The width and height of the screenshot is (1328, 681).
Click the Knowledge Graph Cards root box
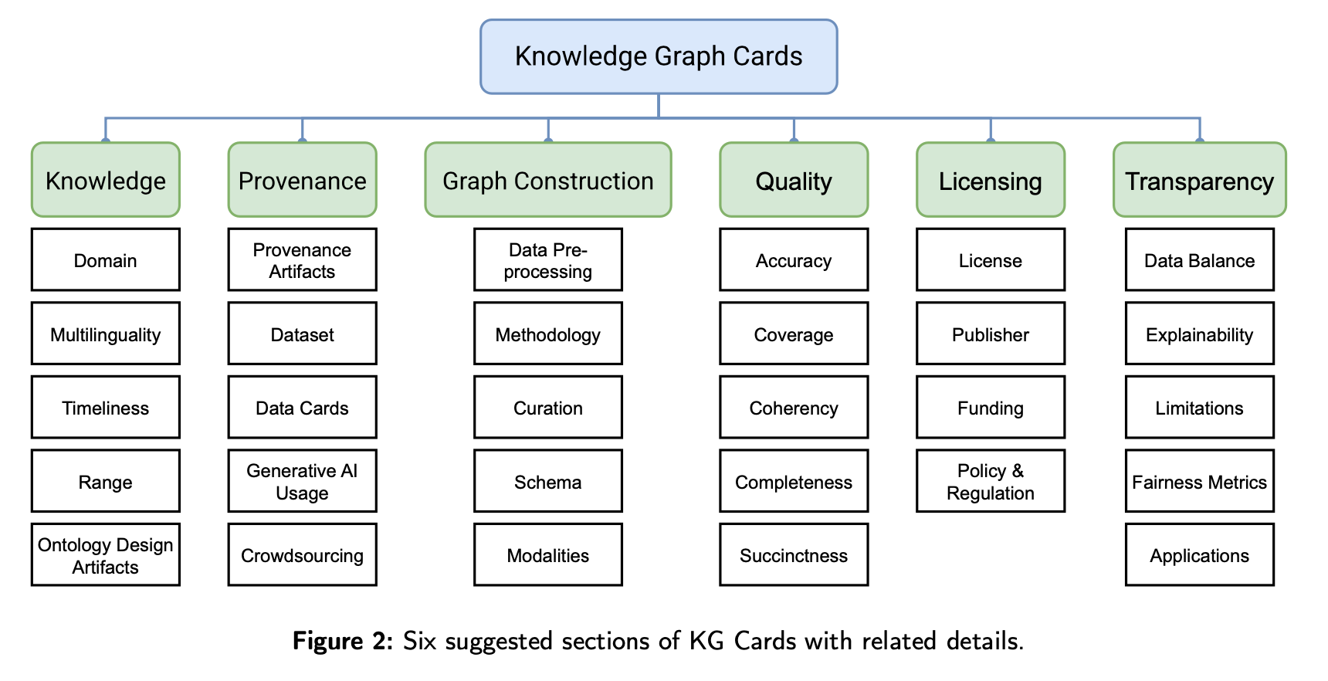coord(659,57)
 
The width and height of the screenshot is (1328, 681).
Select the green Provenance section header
coord(302,180)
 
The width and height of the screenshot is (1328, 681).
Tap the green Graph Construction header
coord(547,180)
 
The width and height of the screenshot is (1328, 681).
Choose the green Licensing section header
coord(990,180)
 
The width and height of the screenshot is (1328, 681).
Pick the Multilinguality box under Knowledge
coord(106,334)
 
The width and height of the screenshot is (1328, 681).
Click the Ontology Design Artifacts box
coord(106,555)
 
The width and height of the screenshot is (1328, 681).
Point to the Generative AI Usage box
coord(302,481)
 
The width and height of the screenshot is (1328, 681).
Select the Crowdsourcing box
coord(302,555)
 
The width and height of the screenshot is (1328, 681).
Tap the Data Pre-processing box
coord(547,260)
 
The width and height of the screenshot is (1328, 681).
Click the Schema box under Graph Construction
coord(547,481)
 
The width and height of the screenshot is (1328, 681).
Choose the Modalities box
coord(547,555)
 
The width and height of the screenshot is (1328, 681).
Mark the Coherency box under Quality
coord(794,408)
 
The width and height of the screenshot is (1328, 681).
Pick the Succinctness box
coord(794,555)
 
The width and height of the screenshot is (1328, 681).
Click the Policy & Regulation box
coord(990,481)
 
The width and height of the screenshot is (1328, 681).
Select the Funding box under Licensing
coord(990,408)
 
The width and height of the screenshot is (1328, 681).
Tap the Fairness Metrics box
coord(1199,481)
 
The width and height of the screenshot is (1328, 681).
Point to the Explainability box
coord(1199,334)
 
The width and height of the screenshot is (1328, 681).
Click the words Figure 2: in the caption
coord(343,641)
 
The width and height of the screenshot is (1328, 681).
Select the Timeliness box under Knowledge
coord(106,408)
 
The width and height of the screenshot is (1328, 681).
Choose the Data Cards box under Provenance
coord(302,408)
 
